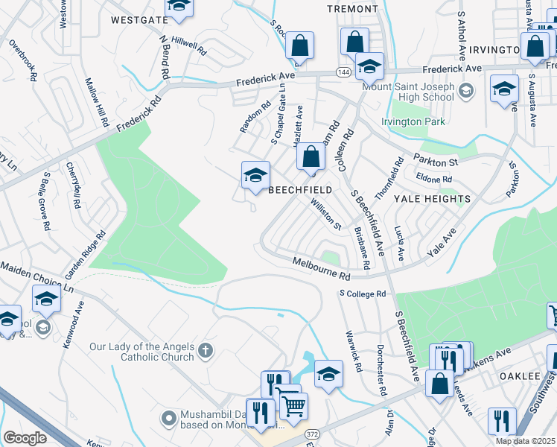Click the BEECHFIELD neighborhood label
click(300, 191)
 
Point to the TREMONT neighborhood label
click(353, 9)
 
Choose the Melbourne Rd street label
click(321, 269)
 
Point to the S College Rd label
click(362, 294)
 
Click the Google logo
click(25, 438)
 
